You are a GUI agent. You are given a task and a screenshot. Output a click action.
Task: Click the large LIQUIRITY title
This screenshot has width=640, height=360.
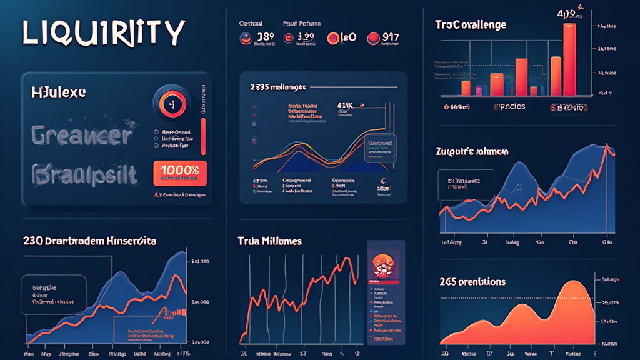pos(104,32)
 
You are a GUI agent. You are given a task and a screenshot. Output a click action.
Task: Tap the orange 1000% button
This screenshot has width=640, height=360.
pos(179,172)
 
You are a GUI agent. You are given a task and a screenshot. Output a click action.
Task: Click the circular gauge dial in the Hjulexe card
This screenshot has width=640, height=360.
pos(171,102)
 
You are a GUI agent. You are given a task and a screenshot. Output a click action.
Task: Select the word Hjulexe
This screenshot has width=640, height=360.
pos(59,92)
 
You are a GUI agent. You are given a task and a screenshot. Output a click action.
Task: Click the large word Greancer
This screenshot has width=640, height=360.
pos(82,135)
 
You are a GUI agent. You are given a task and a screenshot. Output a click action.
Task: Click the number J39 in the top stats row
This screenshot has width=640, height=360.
pos(264,37)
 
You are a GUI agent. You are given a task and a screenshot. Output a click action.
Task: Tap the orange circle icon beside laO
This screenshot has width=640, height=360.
pos(331,38)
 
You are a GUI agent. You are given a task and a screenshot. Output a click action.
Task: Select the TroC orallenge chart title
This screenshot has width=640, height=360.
pos(471,25)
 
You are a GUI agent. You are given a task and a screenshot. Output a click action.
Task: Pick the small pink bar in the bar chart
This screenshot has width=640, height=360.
pos(479,89)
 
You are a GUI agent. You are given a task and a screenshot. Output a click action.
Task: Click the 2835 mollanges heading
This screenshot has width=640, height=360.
pos(277,87)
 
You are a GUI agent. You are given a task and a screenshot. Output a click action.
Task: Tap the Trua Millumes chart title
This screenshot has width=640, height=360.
pos(269,241)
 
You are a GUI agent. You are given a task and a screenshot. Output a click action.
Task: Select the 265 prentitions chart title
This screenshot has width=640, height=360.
pos(472,282)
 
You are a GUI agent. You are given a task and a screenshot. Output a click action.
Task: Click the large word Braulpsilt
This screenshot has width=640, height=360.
pos(83,174)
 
